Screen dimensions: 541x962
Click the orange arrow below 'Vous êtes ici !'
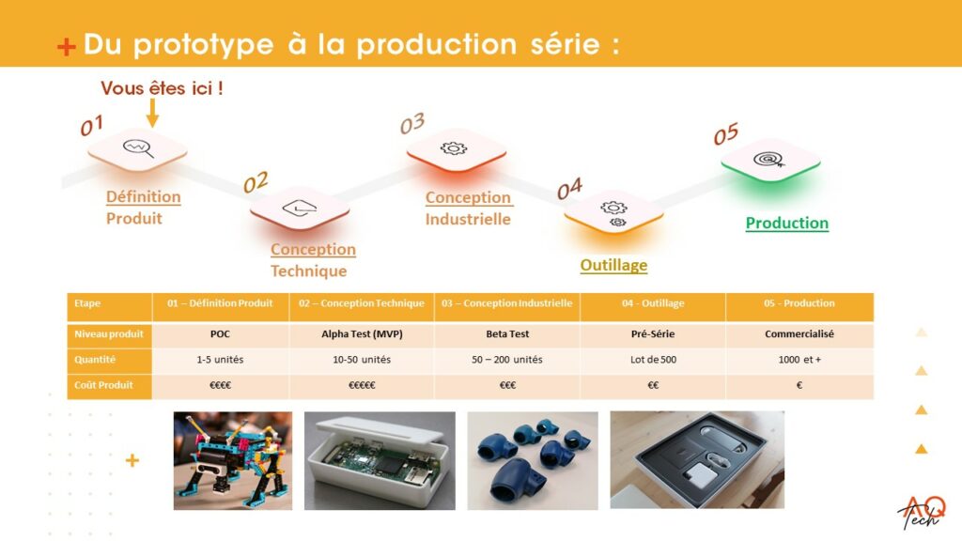[153, 113]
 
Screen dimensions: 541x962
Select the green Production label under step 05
[786, 224]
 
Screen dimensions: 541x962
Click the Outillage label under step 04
[613, 265]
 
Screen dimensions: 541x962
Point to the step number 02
[256, 182]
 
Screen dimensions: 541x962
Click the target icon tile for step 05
[769, 161]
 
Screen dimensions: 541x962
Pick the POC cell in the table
[221, 333]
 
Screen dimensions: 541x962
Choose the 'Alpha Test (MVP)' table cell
[362, 333]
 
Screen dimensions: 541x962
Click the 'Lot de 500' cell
[653, 360]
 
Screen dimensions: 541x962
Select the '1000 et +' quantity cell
[799, 360]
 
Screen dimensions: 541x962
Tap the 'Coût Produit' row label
[104, 385]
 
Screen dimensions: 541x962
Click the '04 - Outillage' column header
[653, 303]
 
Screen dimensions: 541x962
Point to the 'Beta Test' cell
[506, 333]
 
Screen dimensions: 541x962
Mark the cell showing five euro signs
[362, 385]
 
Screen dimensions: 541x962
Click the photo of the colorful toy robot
[232, 460]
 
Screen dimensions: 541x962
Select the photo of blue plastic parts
[532, 460]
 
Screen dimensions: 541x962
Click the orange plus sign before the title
[66, 47]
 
